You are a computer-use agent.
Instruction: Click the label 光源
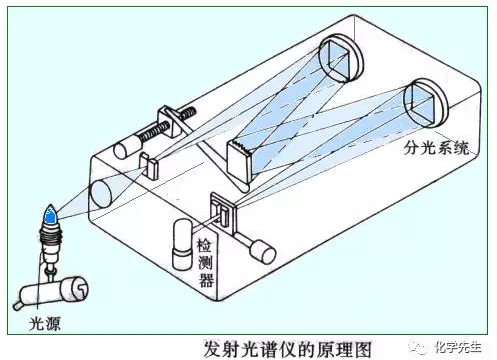pyautogui.click(x=45, y=323)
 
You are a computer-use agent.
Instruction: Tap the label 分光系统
pyautogui.click(x=436, y=148)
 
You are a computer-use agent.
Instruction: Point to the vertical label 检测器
pyautogui.click(x=205, y=263)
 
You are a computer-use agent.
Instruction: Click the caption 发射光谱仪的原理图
pyautogui.click(x=287, y=349)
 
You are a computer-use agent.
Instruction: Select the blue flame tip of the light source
pyautogui.click(x=50, y=214)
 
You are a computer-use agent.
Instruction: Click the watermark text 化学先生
pyautogui.click(x=458, y=347)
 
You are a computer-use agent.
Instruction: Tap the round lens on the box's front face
pyautogui.click(x=101, y=193)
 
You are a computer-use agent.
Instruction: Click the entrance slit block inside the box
pyautogui.click(x=149, y=165)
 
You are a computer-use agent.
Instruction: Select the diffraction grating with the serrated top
pyautogui.click(x=239, y=162)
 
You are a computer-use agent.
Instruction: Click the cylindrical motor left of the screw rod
pyautogui.click(x=127, y=147)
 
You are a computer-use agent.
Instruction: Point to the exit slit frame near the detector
pyautogui.click(x=223, y=213)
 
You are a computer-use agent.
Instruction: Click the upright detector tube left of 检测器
pyautogui.click(x=182, y=244)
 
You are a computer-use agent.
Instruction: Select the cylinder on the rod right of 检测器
pyautogui.click(x=263, y=251)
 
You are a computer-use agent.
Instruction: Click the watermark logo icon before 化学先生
pyautogui.click(x=419, y=347)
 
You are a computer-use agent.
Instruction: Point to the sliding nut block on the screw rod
pyautogui.click(x=170, y=122)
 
